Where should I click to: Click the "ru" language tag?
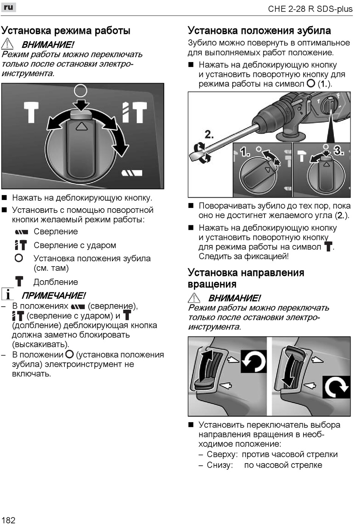pyautogui.click(x=8, y=7)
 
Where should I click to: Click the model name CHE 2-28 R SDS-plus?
pyautogui.click(x=310, y=9)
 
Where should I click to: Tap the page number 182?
pyautogui.click(x=8, y=520)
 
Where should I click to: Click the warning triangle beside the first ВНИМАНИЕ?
pyautogui.click(x=7, y=44)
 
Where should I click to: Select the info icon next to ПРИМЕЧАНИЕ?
pyautogui.click(x=7, y=294)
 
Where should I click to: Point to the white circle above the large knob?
pyautogui.click(x=81, y=91)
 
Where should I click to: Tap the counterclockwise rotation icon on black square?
pyautogui.click(x=254, y=361)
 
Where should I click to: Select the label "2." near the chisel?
pyautogui.click(x=209, y=134)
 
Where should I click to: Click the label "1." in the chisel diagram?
pyautogui.click(x=245, y=152)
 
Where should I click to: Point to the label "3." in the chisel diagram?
pyautogui.click(x=338, y=151)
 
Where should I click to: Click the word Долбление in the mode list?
pyautogui.click(x=56, y=282)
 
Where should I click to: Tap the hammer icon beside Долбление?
pyautogui.click(x=19, y=281)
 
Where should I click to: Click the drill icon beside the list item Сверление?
pyautogui.click(x=22, y=232)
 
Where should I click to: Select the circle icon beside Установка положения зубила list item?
pyautogui.click(x=19, y=258)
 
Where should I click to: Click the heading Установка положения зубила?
pyautogui.click(x=259, y=31)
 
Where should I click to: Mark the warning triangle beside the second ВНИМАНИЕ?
pyautogui.click(x=194, y=298)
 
